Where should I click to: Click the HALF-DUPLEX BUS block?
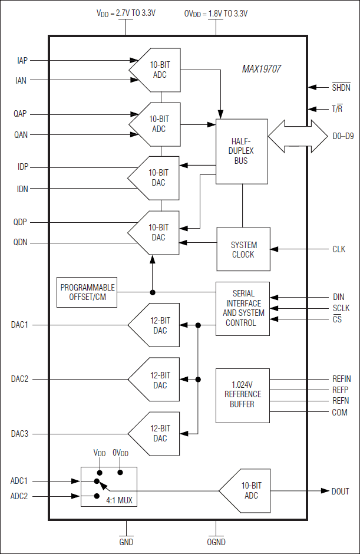242,151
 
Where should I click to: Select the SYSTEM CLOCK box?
243,249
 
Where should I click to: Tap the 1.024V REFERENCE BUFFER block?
242,395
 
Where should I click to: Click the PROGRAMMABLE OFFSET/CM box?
87,292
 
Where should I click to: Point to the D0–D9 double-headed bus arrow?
298,136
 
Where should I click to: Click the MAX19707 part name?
261,69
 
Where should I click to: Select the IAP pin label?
22,60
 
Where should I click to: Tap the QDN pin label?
21,242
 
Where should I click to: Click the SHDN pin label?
341,88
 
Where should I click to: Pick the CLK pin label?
339,249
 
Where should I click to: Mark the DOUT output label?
340,491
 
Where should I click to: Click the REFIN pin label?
341,379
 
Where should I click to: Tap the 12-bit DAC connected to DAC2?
155,380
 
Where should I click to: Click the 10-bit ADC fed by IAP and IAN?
156,70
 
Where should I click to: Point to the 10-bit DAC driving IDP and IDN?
154,178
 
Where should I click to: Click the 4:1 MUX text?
119,501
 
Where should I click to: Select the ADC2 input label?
19,496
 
